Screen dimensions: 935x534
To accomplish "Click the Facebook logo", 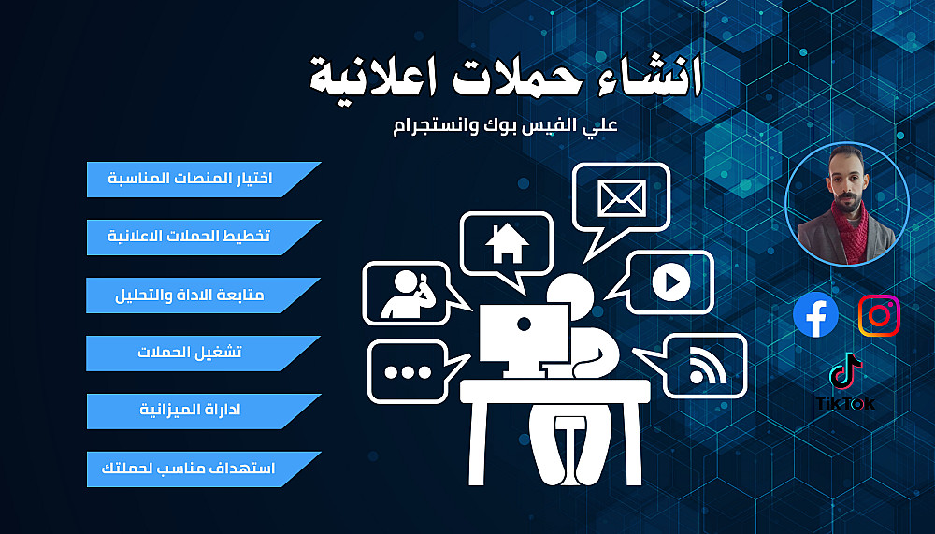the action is (815, 314).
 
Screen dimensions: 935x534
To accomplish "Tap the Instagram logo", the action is (879, 315).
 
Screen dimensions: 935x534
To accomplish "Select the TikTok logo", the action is (845, 382).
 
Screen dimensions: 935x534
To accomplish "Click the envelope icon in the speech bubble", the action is (622, 198).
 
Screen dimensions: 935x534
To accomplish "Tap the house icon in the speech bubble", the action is (507, 243).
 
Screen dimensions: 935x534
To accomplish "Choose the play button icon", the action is (670, 281).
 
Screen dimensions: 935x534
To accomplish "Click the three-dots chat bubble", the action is (417, 371).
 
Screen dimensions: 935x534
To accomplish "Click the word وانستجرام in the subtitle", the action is (429, 126).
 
